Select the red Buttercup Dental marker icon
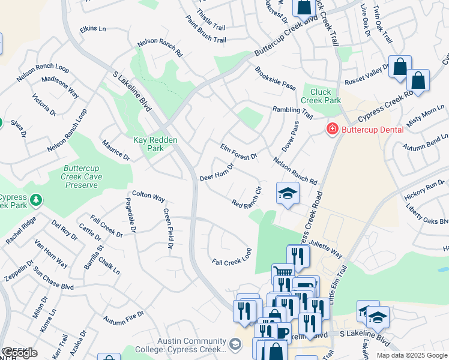[331, 129]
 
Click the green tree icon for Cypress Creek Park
[36, 199]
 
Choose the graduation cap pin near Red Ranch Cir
[288, 193]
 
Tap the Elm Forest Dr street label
[238, 152]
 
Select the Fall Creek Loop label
[231, 256]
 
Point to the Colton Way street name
[148, 196]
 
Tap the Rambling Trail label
[292, 112]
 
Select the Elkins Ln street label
[92, 28]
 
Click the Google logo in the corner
[20, 353]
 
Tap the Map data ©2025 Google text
[412, 355]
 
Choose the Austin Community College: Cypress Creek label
[191, 345]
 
